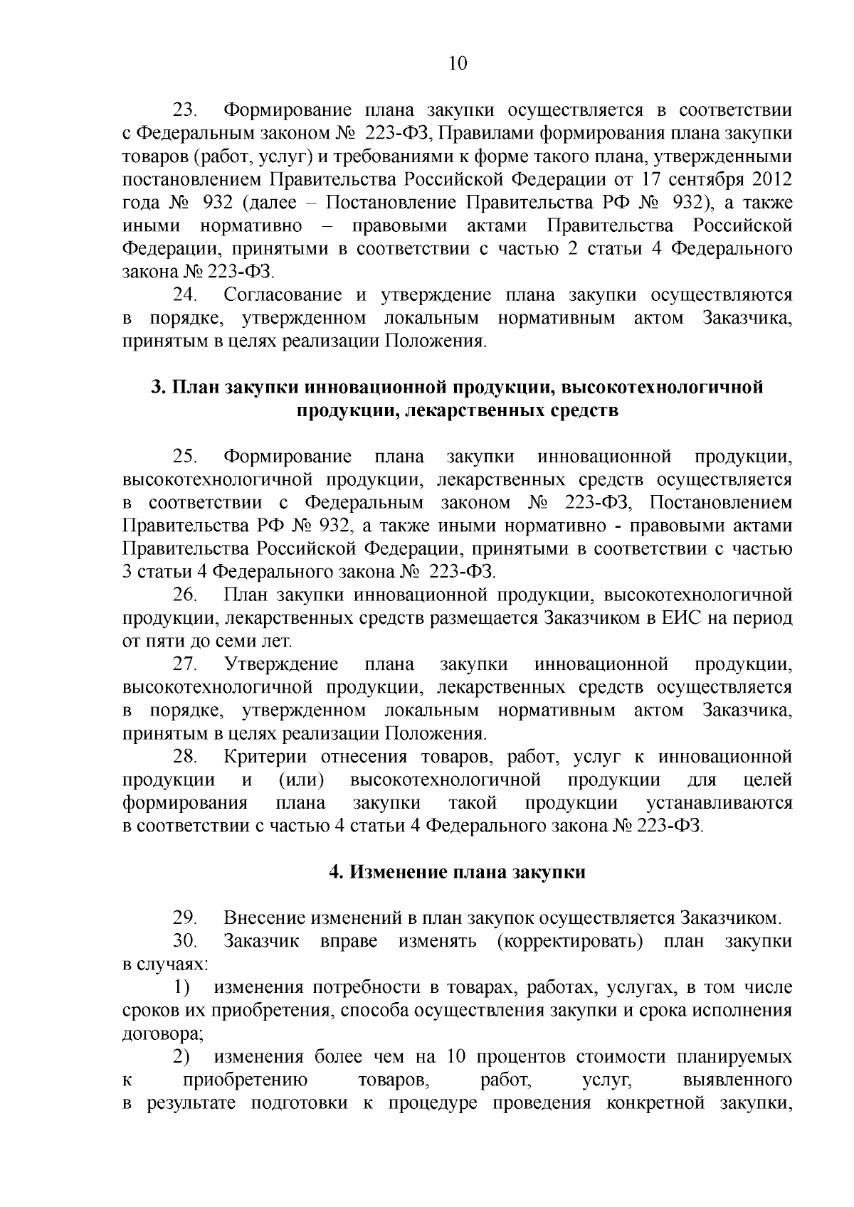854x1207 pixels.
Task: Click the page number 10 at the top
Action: pos(458,64)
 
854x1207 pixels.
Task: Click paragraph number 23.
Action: pos(186,110)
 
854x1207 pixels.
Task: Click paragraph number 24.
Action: pos(186,294)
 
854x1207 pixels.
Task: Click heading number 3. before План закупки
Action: pos(157,388)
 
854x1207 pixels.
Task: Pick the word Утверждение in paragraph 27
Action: pos(281,664)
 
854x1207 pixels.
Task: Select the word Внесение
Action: pos(264,918)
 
